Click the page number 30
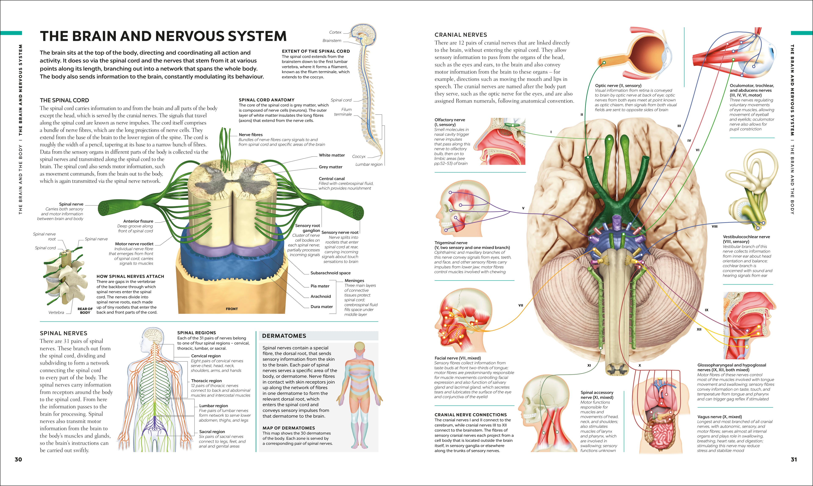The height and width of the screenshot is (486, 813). click(x=18, y=460)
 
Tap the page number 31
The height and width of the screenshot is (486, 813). click(x=794, y=460)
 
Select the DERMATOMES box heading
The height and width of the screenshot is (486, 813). click(x=284, y=336)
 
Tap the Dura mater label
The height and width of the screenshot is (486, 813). click(x=322, y=307)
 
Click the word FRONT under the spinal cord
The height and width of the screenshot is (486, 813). click(x=232, y=309)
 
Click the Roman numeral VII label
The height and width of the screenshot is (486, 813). click(x=521, y=305)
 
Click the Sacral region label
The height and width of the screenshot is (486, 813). click(x=212, y=432)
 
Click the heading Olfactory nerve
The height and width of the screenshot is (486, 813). click(x=449, y=120)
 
